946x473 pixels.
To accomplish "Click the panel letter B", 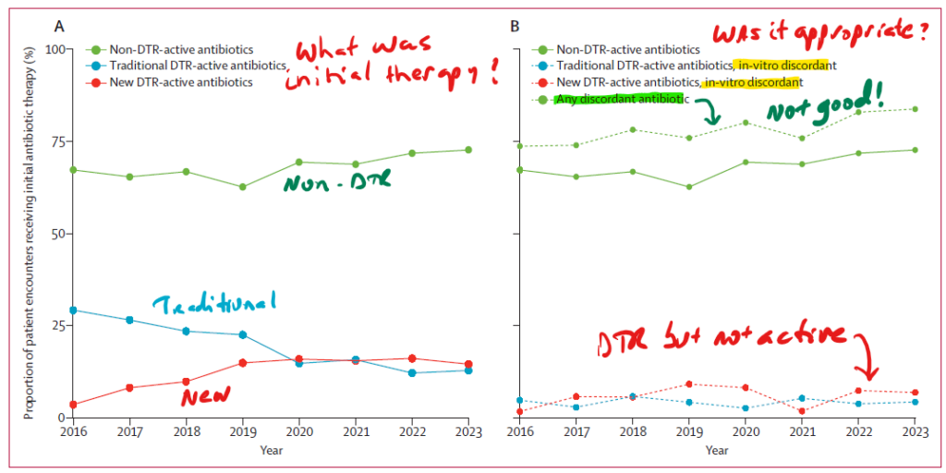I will tap(515, 25).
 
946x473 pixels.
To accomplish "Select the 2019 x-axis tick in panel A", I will tap(242, 431).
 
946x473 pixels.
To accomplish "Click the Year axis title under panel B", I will tap(716, 450).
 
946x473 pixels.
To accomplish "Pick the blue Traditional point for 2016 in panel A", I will tap(73, 309).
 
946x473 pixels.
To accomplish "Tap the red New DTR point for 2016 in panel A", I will tap(73, 405).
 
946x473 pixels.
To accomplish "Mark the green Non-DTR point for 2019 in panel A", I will tap(242, 187).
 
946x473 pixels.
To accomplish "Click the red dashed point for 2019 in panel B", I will tap(688, 384).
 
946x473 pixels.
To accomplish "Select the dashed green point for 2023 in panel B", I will tap(915, 109).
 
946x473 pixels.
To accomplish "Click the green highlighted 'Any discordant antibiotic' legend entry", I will tap(620, 99).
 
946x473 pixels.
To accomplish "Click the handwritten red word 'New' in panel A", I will tap(205, 395).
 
